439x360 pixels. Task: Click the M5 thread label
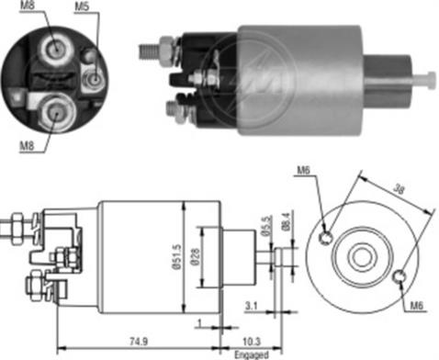point(82,7)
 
